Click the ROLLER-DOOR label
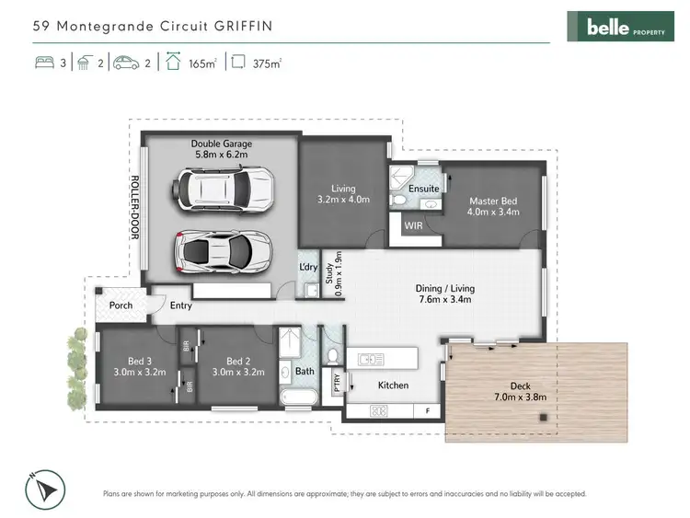133,207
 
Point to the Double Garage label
222,144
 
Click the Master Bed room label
494,201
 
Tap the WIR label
413,224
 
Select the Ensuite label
424,189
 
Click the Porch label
121,305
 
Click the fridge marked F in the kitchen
427,410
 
